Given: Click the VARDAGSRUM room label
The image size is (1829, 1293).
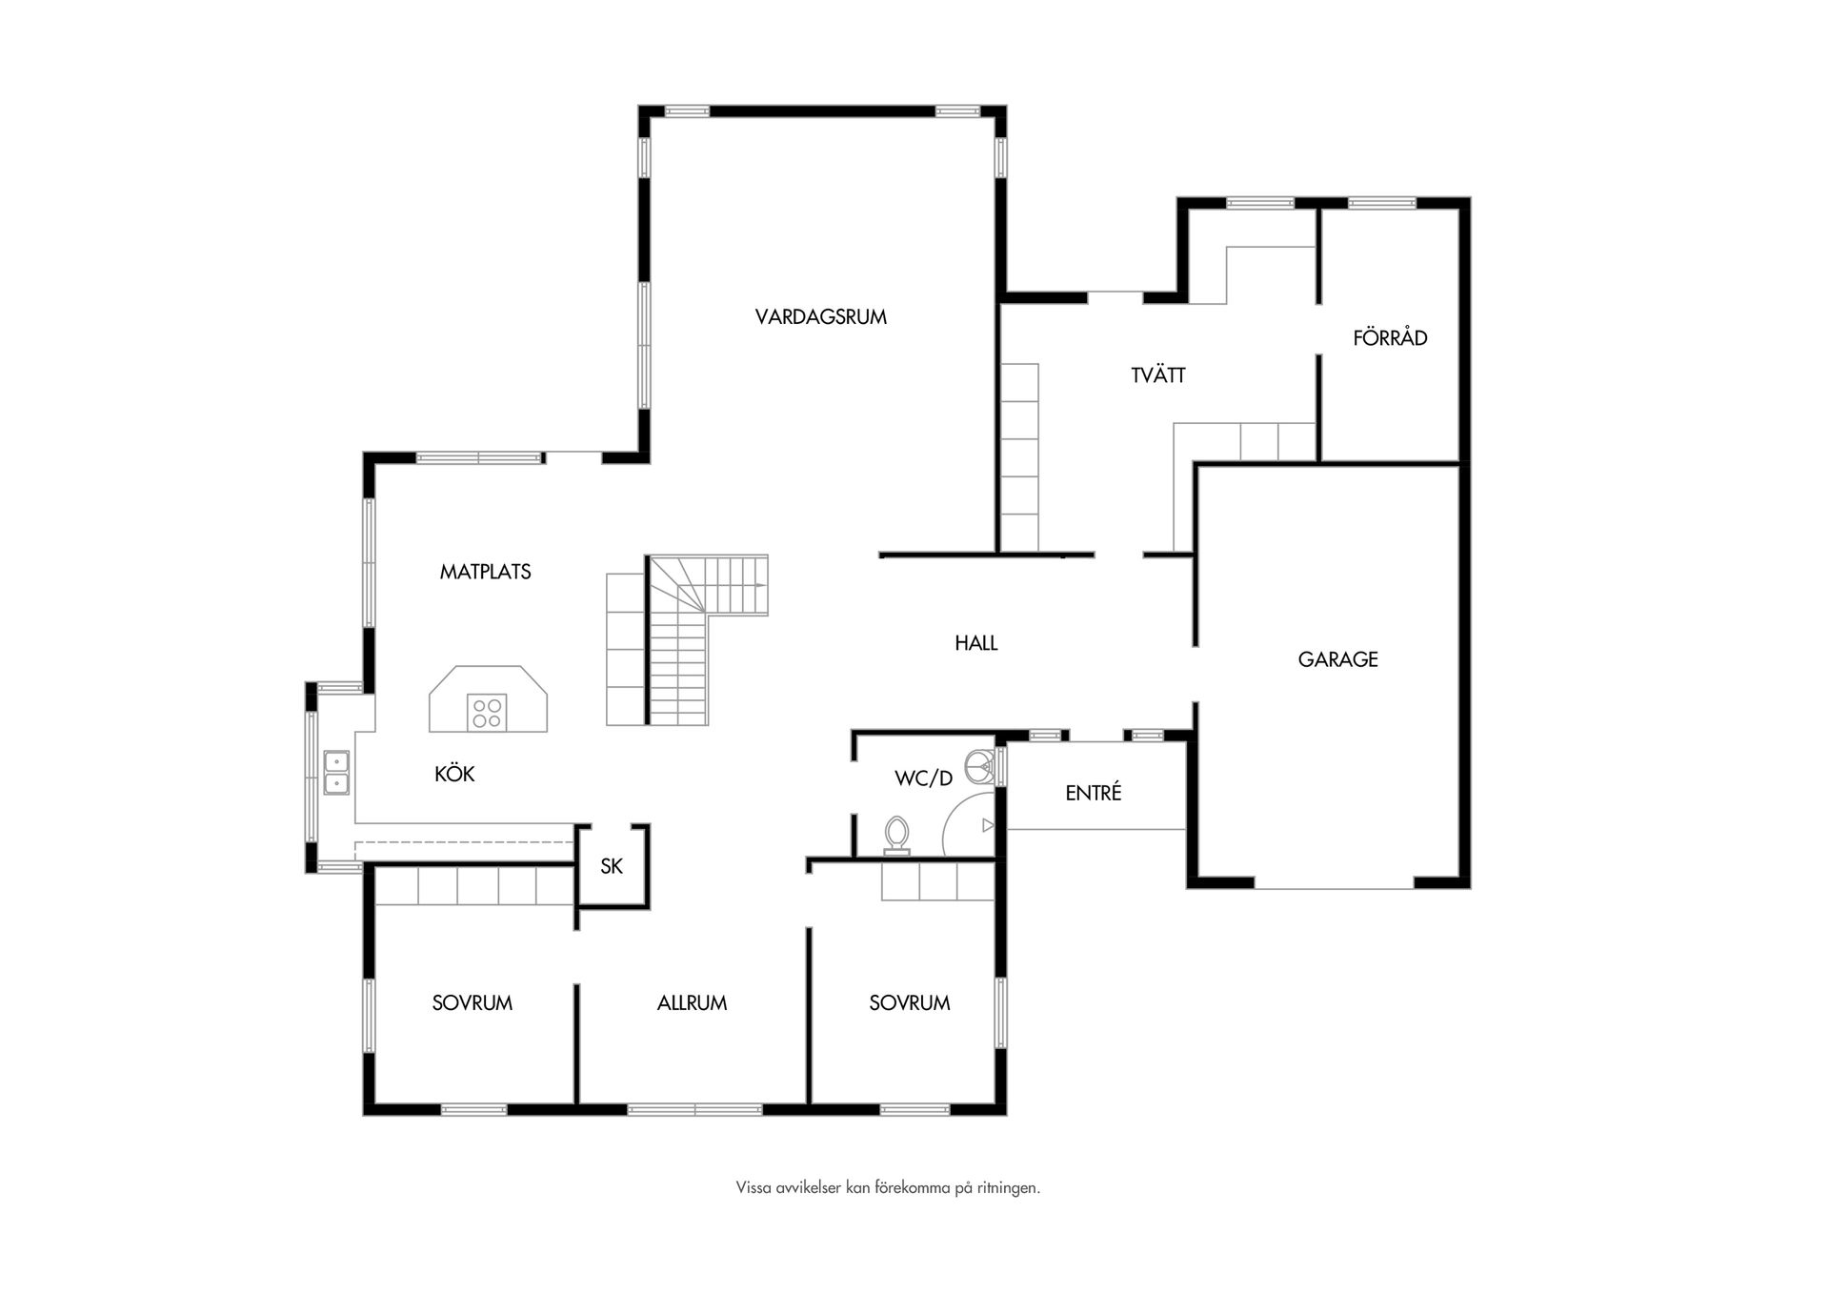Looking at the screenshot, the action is tap(821, 317).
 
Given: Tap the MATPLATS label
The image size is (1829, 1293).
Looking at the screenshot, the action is tap(486, 572).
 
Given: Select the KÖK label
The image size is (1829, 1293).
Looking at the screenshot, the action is tap(454, 774).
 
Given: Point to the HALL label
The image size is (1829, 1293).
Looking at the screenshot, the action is tap(976, 643).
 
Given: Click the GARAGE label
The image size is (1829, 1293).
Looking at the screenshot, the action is tap(1338, 659).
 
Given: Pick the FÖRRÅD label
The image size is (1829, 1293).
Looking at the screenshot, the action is tap(1391, 336).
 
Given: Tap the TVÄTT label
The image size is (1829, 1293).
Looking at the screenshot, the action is tap(1158, 374).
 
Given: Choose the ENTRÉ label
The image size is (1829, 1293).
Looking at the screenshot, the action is tap(1094, 792).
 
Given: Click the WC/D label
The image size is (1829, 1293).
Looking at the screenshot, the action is tap(924, 778).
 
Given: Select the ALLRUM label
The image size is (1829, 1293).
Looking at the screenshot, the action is tap(693, 1003).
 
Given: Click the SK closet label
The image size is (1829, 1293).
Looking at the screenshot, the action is tap(612, 866).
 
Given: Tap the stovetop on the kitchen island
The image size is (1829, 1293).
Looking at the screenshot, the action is tap(487, 713).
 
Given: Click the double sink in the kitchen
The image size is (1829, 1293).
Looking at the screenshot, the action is tap(336, 772).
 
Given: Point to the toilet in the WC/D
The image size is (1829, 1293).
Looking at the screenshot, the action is tap(896, 836).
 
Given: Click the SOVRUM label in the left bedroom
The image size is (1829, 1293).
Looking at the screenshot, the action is tap(472, 1003).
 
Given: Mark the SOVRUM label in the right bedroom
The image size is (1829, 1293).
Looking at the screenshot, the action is tap(910, 1003).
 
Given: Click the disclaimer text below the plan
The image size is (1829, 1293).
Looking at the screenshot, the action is tap(888, 1188).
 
